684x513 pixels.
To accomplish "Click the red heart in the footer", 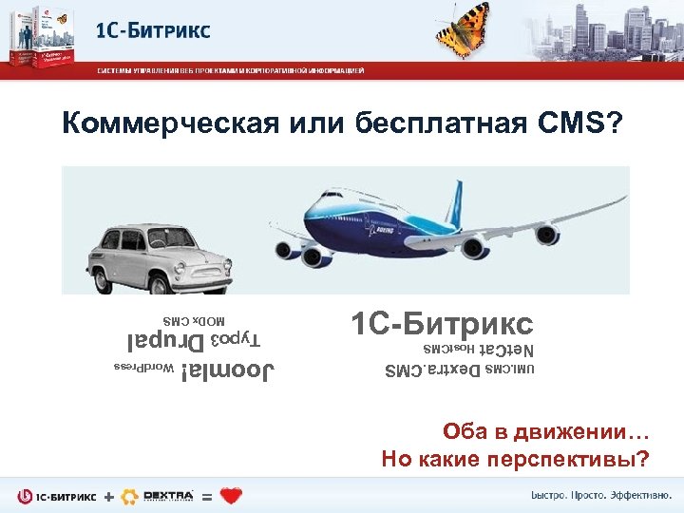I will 231,496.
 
